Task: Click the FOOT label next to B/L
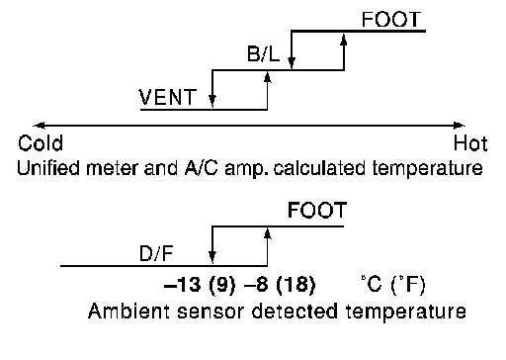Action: tap(391, 20)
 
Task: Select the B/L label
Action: tap(263, 53)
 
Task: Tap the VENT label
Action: tap(167, 97)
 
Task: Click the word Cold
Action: tap(41, 143)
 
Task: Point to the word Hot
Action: tap(470, 143)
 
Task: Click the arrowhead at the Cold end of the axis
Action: tap(40, 126)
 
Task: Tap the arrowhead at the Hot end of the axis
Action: tap(459, 126)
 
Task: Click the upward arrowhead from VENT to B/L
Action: tap(268, 77)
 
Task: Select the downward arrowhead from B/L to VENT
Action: tap(212, 100)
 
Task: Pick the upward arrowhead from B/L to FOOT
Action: tap(344, 40)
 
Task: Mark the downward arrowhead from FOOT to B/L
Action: tap(292, 61)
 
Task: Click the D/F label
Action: tap(156, 254)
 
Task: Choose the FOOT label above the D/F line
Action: tap(317, 210)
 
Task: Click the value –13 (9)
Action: tap(200, 284)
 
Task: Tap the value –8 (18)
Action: tap(280, 284)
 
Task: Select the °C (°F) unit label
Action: tap(392, 284)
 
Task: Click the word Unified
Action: tap(48, 168)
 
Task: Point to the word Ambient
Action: tap(128, 312)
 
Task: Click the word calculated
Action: tap(319, 168)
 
